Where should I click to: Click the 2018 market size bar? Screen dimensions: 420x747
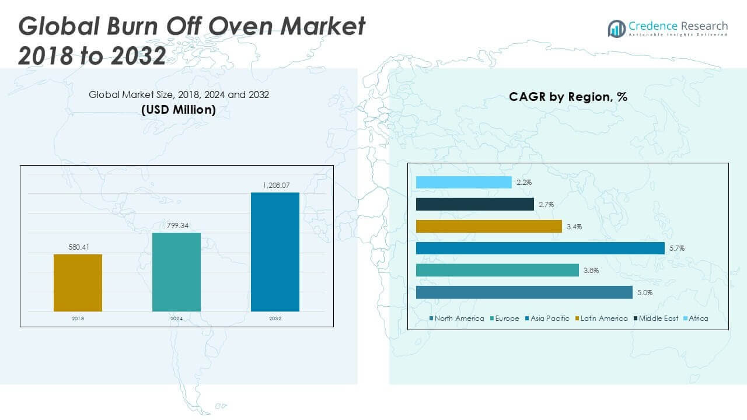click(78, 283)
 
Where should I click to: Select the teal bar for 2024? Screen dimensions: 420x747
click(176, 272)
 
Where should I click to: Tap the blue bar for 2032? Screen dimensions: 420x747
click(275, 252)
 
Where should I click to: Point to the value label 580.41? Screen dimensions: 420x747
click(78, 247)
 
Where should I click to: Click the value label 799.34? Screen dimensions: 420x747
click(176, 225)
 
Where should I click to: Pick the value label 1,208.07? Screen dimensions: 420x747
click(275, 185)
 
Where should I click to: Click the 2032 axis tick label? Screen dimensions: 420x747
click(275, 319)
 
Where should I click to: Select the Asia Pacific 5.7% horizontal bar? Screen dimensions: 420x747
click(540, 249)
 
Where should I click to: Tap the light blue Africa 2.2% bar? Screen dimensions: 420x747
click(464, 183)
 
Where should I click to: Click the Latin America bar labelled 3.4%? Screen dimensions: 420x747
click(489, 226)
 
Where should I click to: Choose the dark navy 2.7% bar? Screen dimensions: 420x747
click(475, 204)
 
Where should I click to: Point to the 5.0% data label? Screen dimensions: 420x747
click(644, 293)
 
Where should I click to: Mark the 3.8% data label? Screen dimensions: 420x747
click(591, 271)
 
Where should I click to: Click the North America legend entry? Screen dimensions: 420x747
click(457, 318)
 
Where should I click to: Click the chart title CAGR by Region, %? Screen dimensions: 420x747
click(568, 97)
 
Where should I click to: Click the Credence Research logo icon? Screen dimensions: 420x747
click(616, 28)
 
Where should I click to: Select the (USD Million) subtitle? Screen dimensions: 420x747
click(179, 109)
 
